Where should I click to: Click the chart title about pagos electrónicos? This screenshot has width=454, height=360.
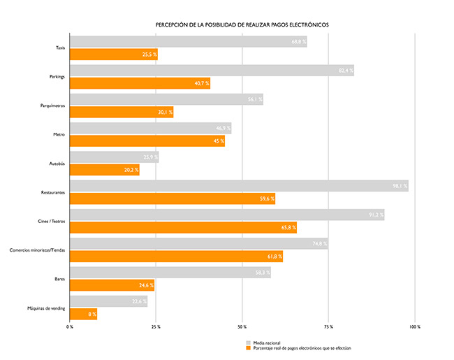tap(242, 24)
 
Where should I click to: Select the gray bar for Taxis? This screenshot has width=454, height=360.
tap(188, 42)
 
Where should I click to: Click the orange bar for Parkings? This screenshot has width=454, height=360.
tap(140, 83)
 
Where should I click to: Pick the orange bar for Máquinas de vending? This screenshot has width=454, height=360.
tap(83, 314)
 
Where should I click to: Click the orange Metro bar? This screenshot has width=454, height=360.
tap(147, 141)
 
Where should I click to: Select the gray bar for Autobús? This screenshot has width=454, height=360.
tap(114, 157)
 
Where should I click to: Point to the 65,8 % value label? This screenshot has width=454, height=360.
tap(288, 227)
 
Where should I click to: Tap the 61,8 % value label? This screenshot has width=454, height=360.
tap(274, 257)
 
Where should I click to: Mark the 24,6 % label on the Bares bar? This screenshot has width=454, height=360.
tap(145, 285)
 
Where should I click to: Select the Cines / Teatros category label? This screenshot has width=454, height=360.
tap(51, 221)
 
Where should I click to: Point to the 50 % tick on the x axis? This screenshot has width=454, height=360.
tap(242, 326)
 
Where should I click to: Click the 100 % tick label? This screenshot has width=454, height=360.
tap(414, 326)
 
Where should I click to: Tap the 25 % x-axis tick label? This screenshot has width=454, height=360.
tap(155, 326)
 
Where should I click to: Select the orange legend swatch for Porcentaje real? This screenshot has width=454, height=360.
tap(247, 349)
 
